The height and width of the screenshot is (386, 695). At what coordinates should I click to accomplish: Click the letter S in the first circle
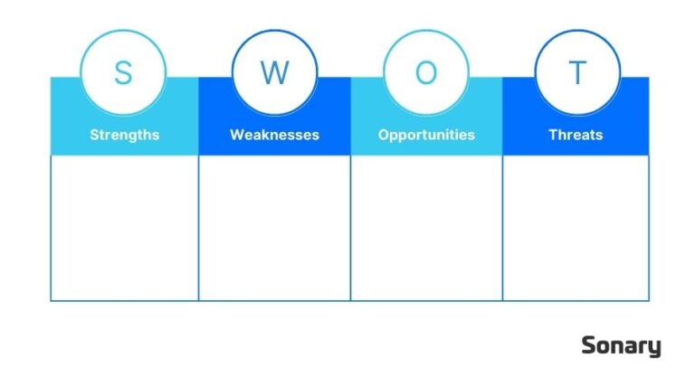click(x=122, y=72)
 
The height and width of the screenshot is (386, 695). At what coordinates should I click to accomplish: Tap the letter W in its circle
click(x=274, y=72)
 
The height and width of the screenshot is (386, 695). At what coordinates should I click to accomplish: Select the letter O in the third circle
click(x=426, y=72)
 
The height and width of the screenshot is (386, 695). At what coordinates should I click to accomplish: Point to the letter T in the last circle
click(x=577, y=72)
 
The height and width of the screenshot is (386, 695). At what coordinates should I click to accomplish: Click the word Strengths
click(x=124, y=135)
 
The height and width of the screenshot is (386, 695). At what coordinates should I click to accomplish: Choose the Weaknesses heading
click(x=274, y=135)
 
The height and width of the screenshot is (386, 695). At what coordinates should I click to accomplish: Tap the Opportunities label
click(x=426, y=135)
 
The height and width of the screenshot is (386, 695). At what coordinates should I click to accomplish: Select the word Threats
click(x=576, y=135)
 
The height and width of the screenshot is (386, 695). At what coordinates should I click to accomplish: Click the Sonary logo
click(x=621, y=346)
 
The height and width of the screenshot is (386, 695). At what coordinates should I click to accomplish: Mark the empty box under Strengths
click(x=124, y=228)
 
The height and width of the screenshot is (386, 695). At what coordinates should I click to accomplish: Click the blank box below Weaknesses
click(x=274, y=228)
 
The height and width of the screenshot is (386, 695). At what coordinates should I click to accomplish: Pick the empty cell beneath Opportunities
click(x=426, y=228)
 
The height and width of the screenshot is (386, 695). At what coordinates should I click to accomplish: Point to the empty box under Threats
click(x=576, y=228)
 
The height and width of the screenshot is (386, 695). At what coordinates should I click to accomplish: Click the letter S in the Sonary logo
click(x=588, y=345)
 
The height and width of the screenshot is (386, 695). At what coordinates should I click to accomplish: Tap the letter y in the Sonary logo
click(x=655, y=348)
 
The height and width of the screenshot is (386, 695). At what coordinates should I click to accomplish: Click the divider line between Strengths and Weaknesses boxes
click(x=198, y=228)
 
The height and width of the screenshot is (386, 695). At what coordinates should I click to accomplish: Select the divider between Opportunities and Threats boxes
click(x=502, y=228)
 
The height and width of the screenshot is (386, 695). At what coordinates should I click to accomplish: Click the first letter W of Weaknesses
click(x=236, y=135)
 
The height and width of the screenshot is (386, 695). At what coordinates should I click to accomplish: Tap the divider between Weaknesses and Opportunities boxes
click(x=350, y=228)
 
